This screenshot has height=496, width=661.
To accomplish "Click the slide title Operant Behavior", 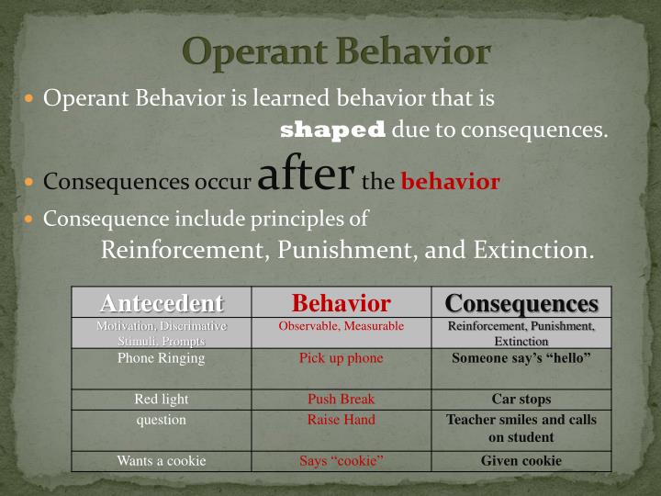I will [x=336, y=51].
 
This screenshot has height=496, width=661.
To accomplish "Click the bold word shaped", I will [x=332, y=130].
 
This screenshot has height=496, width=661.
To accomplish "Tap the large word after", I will [x=306, y=175].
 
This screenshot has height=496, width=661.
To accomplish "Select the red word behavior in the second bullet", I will [x=450, y=182].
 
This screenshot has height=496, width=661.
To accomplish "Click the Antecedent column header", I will [x=162, y=303].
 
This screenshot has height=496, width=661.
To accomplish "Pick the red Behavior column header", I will [x=341, y=303].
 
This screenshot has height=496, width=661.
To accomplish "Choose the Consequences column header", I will [x=521, y=303].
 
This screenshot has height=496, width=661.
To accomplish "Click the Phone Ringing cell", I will [x=162, y=358].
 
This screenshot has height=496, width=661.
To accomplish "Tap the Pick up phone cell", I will [x=341, y=358].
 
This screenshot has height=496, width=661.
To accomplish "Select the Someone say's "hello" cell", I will [x=521, y=358].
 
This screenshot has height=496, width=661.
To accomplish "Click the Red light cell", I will [x=162, y=400].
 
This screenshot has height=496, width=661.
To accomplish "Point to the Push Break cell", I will [x=341, y=400].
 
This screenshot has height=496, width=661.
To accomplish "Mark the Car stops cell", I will [x=521, y=400].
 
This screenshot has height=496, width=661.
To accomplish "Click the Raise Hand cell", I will [x=341, y=420].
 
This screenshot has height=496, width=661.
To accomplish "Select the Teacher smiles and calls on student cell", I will [x=521, y=428].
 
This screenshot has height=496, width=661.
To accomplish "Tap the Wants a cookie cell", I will [x=162, y=461].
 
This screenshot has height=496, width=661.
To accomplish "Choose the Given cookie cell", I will [x=521, y=461].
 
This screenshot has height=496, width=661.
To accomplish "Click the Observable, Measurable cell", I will [x=341, y=326].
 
